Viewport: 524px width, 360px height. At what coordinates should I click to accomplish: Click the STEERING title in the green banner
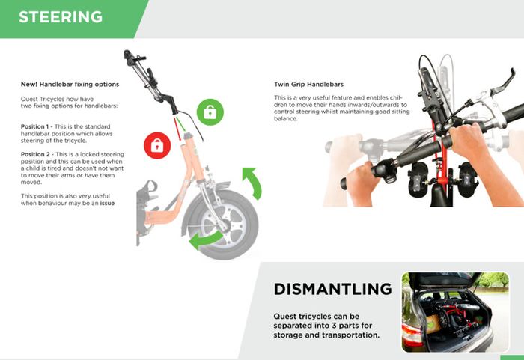tap(61, 17)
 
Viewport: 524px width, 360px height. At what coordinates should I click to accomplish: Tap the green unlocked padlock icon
tap(210, 112)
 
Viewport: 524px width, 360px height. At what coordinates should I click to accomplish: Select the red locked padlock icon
tap(157, 145)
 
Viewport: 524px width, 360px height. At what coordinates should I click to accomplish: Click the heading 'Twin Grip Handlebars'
tap(308, 85)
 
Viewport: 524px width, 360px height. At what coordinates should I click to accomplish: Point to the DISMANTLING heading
tap(333, 289)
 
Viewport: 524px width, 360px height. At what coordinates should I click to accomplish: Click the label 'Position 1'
tap(34, 126)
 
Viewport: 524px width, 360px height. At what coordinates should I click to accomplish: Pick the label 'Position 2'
tap(35, 154)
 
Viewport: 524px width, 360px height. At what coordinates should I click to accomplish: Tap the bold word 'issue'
tap(107, 203)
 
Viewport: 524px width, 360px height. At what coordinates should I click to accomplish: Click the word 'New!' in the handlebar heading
tap(29, 85)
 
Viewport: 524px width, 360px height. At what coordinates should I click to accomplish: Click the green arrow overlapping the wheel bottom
tap(204, 241)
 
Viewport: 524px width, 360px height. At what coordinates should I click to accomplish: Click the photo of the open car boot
tap(455, 312)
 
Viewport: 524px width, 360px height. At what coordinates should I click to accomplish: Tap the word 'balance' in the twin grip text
tap(284, 119)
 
